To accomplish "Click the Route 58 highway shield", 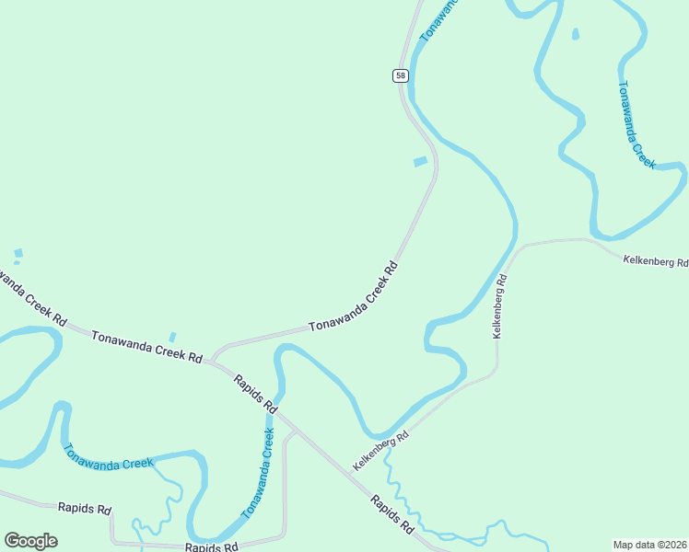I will pyautogui.click(x=401, y=75).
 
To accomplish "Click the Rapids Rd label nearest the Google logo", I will pyautogui.click(x=84, y=508).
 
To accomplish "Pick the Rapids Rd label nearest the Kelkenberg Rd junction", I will pyautogui.click(x=392, y=515).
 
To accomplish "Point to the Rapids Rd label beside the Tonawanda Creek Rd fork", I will pyautogui.click(x=255, y=393).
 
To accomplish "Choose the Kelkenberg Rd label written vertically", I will pyautogui.click(x=499, y=306).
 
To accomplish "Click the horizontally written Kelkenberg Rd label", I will pyautogui.click(x=655, y=262).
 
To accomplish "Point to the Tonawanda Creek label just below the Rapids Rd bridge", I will pyautogui.click(x=259, y=472).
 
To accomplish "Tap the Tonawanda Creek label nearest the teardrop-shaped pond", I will pyautogui.click(x=636, y=124).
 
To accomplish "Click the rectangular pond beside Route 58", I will pyautogui.click(x=420, y=162).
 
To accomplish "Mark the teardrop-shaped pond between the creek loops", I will pyautogui.click(x=576, y=35).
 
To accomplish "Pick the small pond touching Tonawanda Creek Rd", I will pyautogui.click(x=171, y=338).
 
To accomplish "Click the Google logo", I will pyautogui.click(x=30, y=541).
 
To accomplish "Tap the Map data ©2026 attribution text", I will pyautogui.click(x=650, y=545).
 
